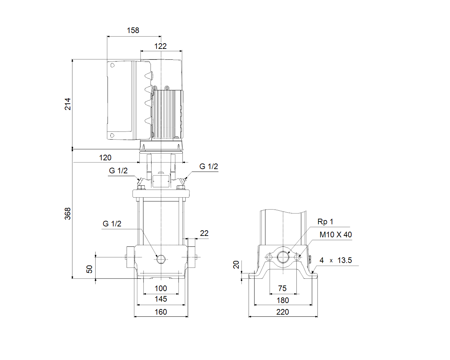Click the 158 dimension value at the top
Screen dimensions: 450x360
tap(133, 31)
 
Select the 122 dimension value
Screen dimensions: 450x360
tap(160, 46)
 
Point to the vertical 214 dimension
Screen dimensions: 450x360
tap(67, 104)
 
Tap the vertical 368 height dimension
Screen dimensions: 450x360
tap(67, 214)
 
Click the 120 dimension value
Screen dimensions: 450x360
tap(105, 158)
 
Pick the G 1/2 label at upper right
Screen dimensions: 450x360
tap(209, 167)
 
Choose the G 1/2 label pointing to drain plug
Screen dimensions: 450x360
tap(112, 224)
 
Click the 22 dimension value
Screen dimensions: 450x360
tap(204, 233)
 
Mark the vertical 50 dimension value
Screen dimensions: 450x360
tap(89, 269)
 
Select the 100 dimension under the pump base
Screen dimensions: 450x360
tap(161, 289)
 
